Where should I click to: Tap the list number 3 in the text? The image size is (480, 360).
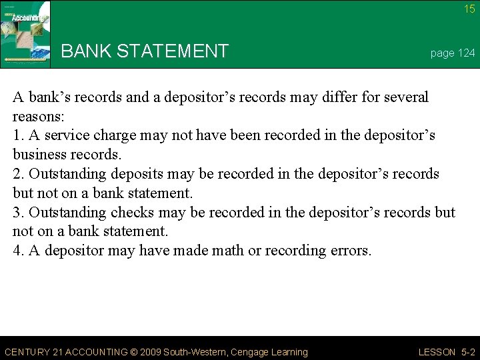pos(17,213)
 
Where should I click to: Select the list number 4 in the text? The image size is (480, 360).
pos(17,251)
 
